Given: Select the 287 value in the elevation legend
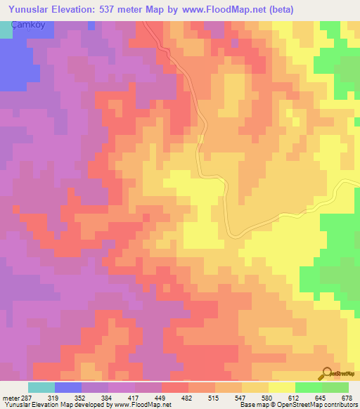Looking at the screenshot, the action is point(26,398).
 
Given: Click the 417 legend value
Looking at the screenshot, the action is point(133,398).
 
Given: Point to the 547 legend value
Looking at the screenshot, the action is point(240,398).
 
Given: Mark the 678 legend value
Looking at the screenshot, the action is point(345,398).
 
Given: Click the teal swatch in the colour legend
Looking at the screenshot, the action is point(41,388).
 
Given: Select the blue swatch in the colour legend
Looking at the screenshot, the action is point(68,388).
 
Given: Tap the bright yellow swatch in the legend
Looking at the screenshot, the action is point(282,388).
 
